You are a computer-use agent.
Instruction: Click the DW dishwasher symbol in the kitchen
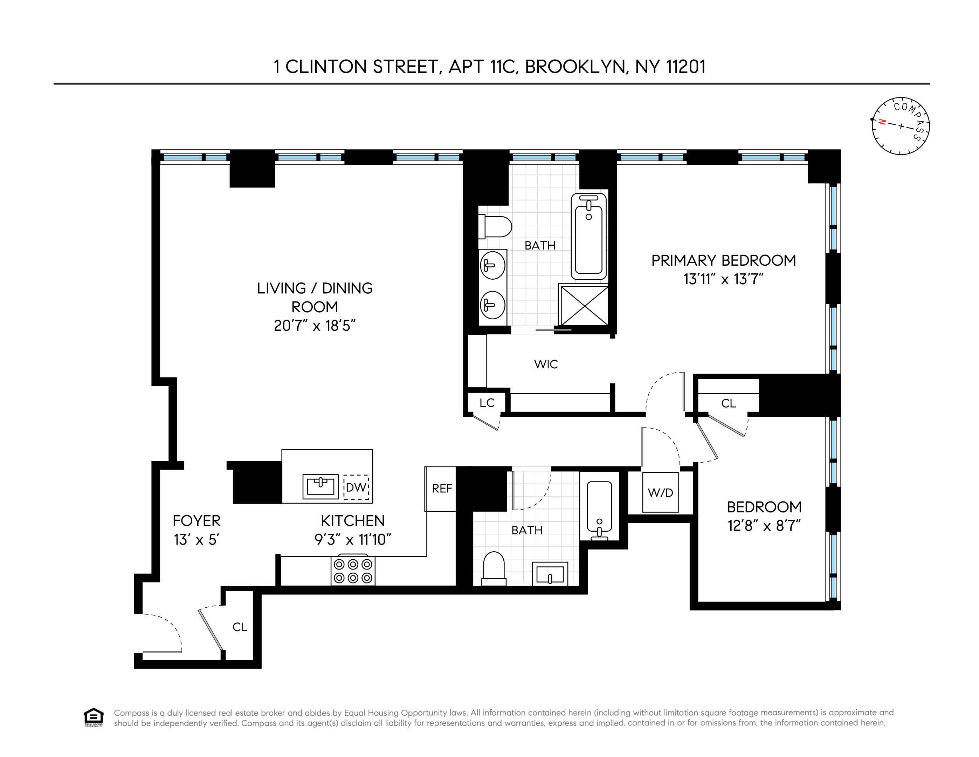pos(356,487)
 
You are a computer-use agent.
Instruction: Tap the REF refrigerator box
pos(442,489)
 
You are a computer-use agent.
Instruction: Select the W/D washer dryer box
pos(660,492)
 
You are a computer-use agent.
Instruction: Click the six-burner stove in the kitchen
pos(353,571)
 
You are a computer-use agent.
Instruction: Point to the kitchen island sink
pos(320,486)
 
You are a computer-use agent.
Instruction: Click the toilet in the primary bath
pos(495,227)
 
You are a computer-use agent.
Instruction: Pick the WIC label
pos(545,364)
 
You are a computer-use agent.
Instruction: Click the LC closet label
pos(487,403)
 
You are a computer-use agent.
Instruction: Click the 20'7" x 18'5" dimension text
pos(314,326)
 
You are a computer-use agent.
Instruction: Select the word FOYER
pos(197,521)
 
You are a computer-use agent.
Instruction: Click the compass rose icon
pos(900,126)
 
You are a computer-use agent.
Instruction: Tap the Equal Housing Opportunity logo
pos(93,717)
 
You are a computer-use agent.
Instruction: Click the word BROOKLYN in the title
pos(575,67)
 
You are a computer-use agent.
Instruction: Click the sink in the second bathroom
pos(550,574)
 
